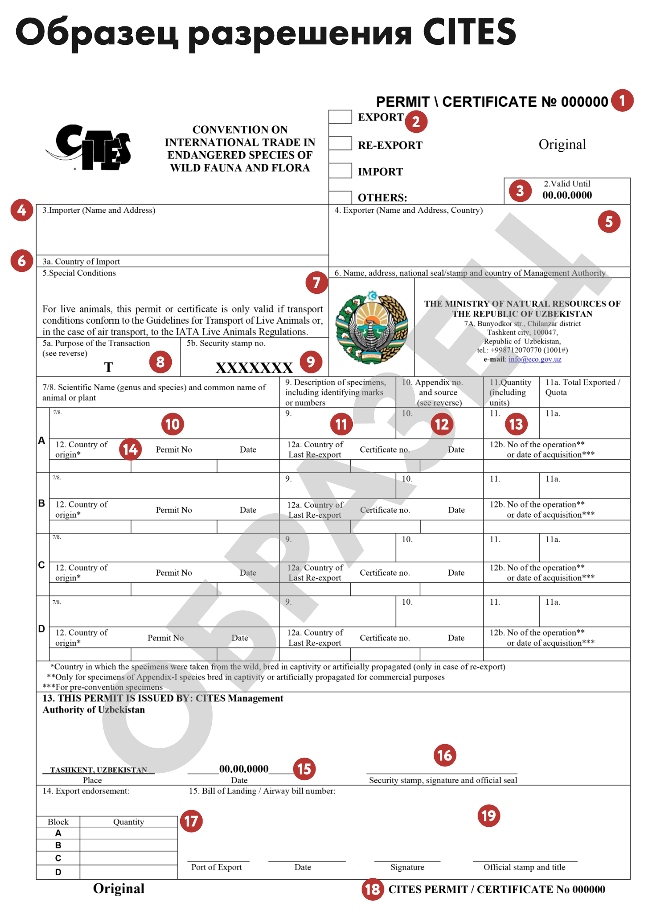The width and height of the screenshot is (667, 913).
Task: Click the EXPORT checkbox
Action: pos(340,117)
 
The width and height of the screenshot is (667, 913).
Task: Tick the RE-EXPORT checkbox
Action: pos(340,143)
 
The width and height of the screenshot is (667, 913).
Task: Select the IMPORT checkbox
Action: pos(340,170)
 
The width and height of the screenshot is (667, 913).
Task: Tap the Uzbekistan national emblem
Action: pos(372,327)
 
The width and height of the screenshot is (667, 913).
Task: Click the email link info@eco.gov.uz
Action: pos(535,359)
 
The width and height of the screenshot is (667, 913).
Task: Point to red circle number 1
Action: pos(622,101)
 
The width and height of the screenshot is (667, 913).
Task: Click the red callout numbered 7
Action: pos(317,283)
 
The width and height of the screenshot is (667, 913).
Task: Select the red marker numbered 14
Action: pos(130,449)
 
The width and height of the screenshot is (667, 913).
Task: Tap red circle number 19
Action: pos(489,816)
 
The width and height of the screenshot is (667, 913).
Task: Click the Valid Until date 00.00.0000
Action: pos(567,195)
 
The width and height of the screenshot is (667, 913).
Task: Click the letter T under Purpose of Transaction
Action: pos(108,367)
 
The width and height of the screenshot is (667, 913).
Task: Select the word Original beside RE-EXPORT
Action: pos(562,144)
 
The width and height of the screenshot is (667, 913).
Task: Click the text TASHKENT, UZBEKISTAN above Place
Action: pos(98,770)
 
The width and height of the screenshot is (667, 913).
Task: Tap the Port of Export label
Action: pos(216,867)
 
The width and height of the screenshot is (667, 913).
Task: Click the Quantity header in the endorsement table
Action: pos(128,822)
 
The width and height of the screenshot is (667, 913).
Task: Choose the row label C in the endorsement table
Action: pos(58,858)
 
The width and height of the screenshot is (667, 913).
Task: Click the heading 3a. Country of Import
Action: pos(81,262)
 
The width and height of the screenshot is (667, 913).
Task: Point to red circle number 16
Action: pos(444,756)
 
